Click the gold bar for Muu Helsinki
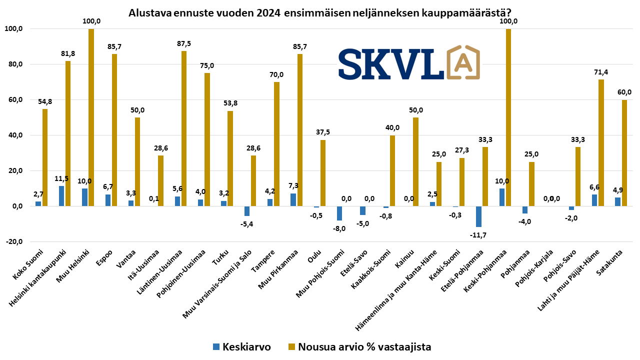click(91, 117)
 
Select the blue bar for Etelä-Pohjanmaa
click(478, 216)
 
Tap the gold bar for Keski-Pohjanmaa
click(508, 117)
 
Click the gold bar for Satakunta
click(624, 153)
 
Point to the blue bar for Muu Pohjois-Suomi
click(339, 213)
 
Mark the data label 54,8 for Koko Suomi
click(45, 101)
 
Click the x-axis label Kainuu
click(404, 258)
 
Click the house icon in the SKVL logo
click(462, 62)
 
